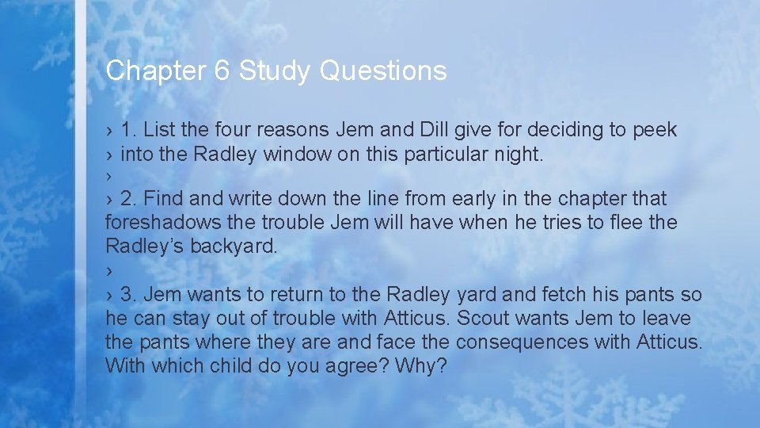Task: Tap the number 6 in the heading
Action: click(222, 71)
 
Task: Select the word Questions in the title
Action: click(383, 71)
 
